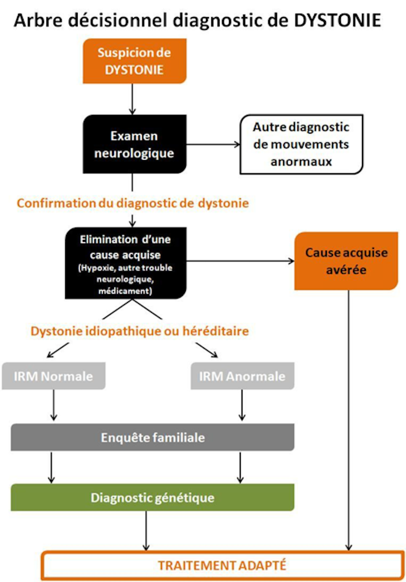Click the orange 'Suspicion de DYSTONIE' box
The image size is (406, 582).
click(x=135, y=61)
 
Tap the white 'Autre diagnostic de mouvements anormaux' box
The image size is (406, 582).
click(x=301, y=144)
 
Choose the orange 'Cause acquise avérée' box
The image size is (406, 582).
click(x=346, y=261)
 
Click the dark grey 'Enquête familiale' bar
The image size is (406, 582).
click(x=153, y=437)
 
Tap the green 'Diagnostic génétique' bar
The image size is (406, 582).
click(x=153, y=498)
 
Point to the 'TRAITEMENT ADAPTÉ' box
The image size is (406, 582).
click(x=222, y=565)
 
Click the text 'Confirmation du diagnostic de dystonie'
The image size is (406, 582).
click(x=133, y=203)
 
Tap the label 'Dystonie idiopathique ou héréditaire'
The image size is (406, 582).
click(x=139, y=331)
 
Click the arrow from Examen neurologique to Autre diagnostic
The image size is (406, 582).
click(x=213, y=144)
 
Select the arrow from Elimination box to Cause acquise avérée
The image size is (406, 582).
click(x=240, y=261)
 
